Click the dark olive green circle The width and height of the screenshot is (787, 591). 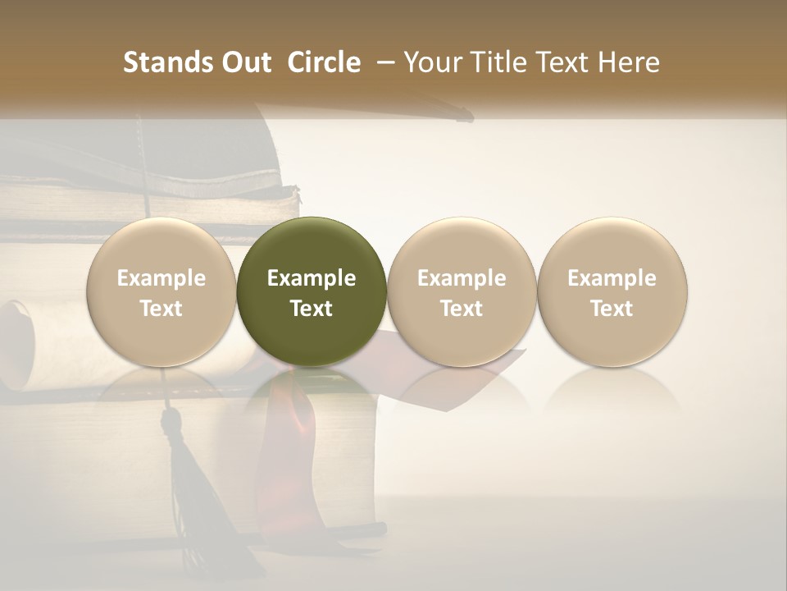pos(312,291)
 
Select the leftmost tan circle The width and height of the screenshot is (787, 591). pos(161,291)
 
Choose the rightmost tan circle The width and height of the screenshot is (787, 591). pos(612,291)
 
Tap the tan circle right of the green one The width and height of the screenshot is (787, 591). pos(462,291)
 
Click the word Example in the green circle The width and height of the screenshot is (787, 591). pos(312,278)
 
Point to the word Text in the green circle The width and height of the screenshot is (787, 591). pos(312,309)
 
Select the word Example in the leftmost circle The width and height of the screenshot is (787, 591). pos(161,278)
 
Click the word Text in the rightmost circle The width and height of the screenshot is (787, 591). pos(612,309)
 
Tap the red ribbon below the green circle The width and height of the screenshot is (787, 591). pos(291,427)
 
